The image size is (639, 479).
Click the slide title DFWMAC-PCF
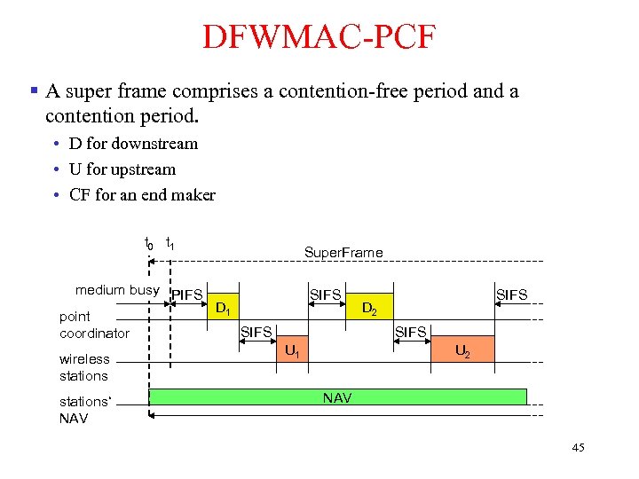(x=319, y=37)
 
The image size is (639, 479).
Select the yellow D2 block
(x=370, y=310)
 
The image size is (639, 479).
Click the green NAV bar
(x=337, y=397)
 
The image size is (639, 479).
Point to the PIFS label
(x=187, y=294)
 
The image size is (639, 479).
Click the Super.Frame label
(x=343, y=252)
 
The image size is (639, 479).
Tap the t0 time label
(x=148, y=242)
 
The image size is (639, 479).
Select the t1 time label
(x=170, y=242)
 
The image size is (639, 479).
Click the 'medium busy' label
(x=117, y=290)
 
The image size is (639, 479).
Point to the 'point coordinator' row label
(x=94, y=325)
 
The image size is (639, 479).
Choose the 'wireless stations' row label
(x=84, y=367)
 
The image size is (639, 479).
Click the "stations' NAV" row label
(x=85, y=410)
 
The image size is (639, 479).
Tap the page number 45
(x=578, y=448)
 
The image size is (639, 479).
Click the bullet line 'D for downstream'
(x=133, y=144)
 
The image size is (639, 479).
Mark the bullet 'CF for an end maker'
(x=142, y=195)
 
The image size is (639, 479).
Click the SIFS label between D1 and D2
(x=325, y=294)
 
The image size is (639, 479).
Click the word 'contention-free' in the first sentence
(x=293, y=91)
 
